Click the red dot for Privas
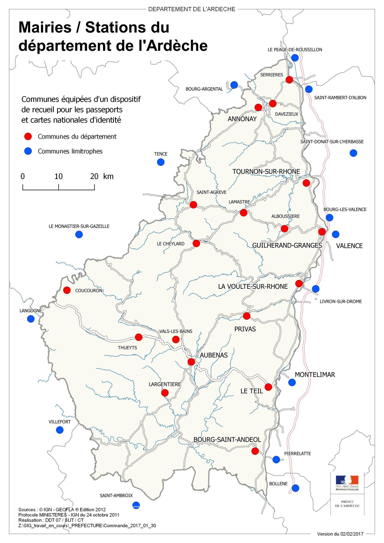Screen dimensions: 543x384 click(x=247, y=316)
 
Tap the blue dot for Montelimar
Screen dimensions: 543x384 click(x=292, y=382)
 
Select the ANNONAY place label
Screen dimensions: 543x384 click(x=242, y=119)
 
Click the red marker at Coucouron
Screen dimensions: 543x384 click(x=67, y=290)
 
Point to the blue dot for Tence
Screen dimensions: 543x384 click(x=161, y=162)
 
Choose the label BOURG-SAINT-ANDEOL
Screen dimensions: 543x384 click(x=227, y=440)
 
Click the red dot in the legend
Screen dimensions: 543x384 click(x=28, y=137)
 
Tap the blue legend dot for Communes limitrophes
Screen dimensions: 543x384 click(x=28, y=151)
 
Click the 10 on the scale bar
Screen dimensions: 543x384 click(x=58, y=176)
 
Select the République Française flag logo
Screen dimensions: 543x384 click(x=347, y=480)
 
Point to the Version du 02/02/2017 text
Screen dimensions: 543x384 click(x=340, y=534)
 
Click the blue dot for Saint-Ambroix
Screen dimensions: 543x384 click(x=136, y=505)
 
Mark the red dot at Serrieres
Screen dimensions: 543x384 click(x=289, y=80)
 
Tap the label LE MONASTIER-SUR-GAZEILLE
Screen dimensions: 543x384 click(x=79, y=226)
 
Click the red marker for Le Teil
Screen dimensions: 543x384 click(x=268, y=387)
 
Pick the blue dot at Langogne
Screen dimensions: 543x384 click(x=31, y=319)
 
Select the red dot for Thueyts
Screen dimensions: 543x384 click(x=139, y=337)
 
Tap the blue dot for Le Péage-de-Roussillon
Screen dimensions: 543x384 click(x=295, y=58)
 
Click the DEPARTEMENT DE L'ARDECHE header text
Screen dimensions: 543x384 click(x=192, y=9)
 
